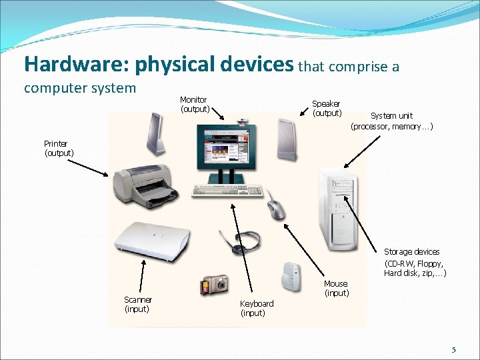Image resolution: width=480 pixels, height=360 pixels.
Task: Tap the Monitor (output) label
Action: tap(194, 104)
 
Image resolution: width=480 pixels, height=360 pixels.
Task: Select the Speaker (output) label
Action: tap(327, 108)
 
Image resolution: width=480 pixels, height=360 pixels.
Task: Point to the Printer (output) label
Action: tap(59, 148)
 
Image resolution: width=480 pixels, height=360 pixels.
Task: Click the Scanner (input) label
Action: tap(137, 305)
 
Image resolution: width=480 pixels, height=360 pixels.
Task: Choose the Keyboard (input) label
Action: tap(256, 308)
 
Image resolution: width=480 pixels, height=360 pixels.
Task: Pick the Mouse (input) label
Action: tap(336, 289)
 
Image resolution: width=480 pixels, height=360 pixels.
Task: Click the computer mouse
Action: tap(275, 209)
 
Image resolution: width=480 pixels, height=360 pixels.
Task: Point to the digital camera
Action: tap(215, 285)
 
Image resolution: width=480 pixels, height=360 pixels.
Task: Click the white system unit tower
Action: tap(339, 207)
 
